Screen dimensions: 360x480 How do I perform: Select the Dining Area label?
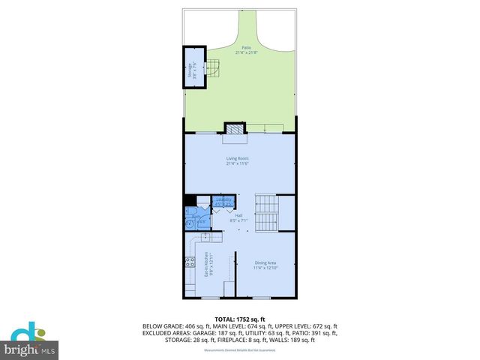[x=265, y=262]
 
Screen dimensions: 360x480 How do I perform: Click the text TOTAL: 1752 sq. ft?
[x=240, y=319]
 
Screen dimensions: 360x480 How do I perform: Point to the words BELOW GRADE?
[x=163, y=326]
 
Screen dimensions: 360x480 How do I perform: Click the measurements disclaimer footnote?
[x=239, y=347]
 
